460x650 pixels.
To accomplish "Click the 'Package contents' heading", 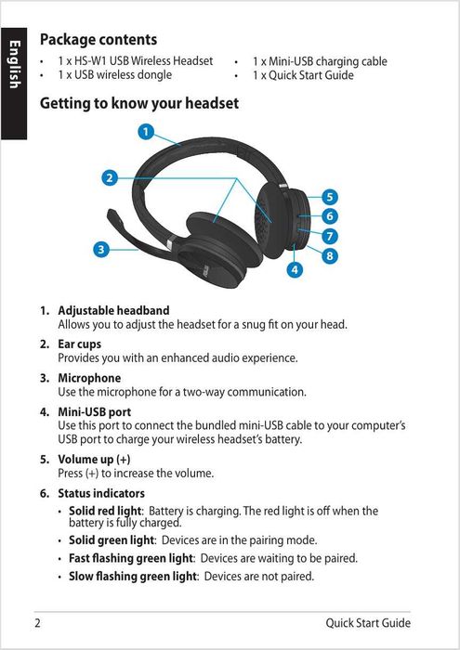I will pyautogui.click(x=99, y=40).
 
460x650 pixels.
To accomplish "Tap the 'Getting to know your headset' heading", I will pyautogui.click(x=139, y=104).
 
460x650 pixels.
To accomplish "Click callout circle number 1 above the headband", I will pyautogui.click(x=146, y=131).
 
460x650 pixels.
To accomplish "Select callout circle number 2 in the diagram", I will pyautogui.click(x=110, y=176).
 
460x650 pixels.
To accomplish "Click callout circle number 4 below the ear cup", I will pyautogui.click(x=296, y=269).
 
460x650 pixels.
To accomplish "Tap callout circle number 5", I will pyautogui.click(x=330, y=197).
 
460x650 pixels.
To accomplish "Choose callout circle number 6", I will pyautogui.click(x=330, y=216).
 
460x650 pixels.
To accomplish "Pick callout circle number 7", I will pyautogui.click(x=330, y=236).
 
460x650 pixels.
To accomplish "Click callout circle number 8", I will pyautogui.click(x=330, y=255).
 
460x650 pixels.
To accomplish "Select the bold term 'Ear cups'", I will pyautogui.click(x=80, y=344).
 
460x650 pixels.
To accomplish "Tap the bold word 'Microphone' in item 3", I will pyautogui.click(x=89, y=378).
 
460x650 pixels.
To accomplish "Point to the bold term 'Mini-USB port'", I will pyautogui.click(x=95, y=411).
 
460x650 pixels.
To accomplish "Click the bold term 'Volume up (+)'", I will pyautogui.click(x=94, y=460).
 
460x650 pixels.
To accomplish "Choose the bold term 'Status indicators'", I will pyautogui.click(x=101, y=493).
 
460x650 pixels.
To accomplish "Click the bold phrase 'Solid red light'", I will pyautogui.click(x=105, y=511).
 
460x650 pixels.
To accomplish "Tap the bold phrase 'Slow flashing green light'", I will pyautogui.click(x=134, y=577).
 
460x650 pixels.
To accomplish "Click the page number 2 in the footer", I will pyautogui.click(x=38, y=623).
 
